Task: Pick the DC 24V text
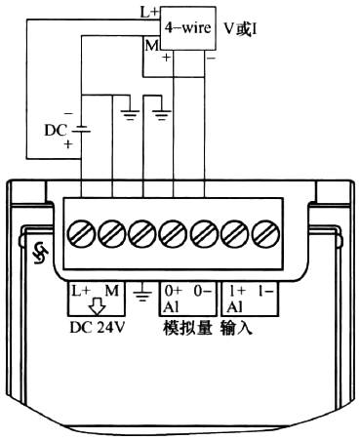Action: [98, 327]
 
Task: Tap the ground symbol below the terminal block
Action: [143, 293]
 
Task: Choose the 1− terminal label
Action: [264, 291]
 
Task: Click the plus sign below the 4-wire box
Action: [166, 59]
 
